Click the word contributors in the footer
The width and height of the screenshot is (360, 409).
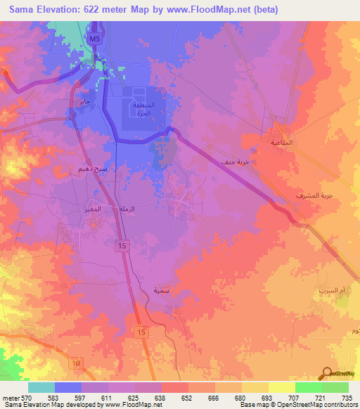click(337, 405)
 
